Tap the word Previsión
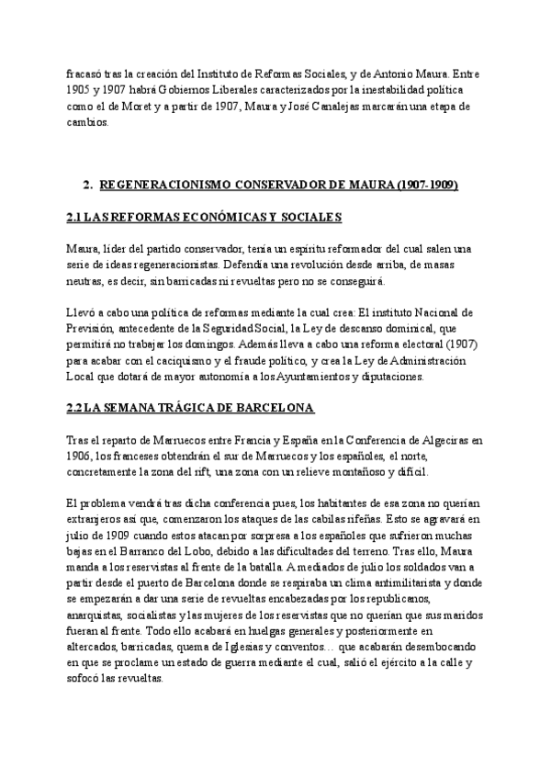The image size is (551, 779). pyautogui.click(x=91, y=329)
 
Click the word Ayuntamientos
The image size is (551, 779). pyautogui.click(x=318, y=377)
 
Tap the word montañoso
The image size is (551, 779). pyautogui.click(x=346, y=472)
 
